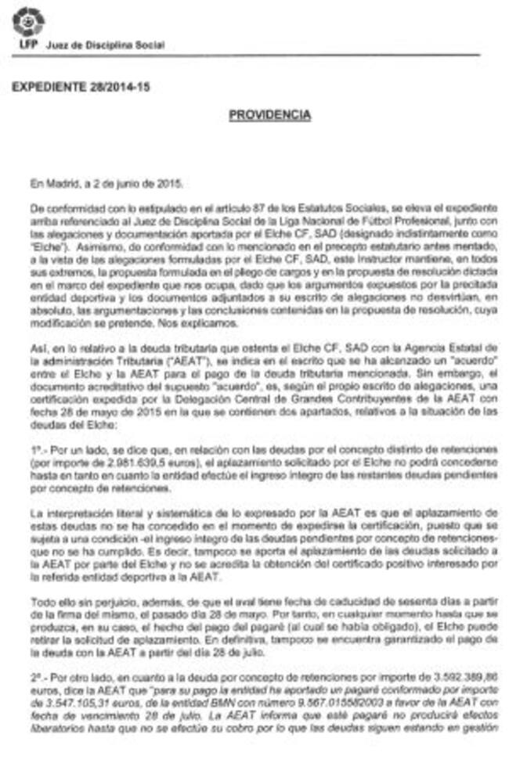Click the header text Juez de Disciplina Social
(x=105, y=45)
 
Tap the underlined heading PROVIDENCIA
(x=269, y=115)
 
